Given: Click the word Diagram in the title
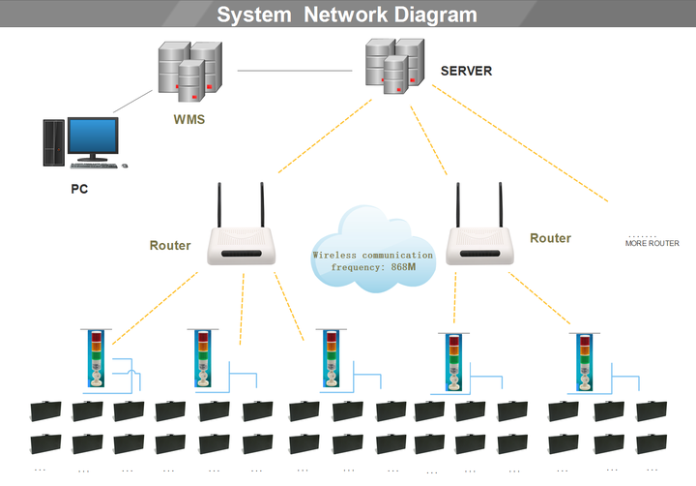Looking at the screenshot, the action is (435, 15).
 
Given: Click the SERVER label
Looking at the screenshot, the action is (466, 71).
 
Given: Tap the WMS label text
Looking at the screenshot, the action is (189, 119).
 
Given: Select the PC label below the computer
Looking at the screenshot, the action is (79, 189).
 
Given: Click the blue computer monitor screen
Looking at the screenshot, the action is (93, 137).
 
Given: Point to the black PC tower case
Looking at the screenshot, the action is (54, 142).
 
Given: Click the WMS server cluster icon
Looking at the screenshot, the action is (190, 71).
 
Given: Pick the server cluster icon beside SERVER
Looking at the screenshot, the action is (394, 66).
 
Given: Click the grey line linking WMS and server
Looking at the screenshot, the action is (295, 71).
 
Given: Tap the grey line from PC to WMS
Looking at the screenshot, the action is (132, 102).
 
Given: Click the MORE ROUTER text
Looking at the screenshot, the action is (652, 243).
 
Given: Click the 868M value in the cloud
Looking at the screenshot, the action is (403, 267).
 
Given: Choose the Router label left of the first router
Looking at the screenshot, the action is (170, 246).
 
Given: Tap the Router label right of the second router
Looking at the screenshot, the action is (550, 238).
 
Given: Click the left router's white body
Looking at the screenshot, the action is (241, 246).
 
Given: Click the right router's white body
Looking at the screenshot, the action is (479, 246).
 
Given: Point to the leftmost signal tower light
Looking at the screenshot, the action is (96, 358).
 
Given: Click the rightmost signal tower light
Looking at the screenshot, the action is (585, 362).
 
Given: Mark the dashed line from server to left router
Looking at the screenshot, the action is (325, 137).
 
